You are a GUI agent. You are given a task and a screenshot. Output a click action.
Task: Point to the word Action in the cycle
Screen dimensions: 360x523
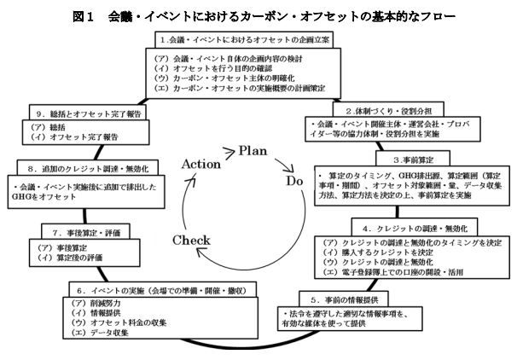click(x=202, y=140)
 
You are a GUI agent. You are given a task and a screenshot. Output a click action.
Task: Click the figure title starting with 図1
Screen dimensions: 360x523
click(x=261, y=15)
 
